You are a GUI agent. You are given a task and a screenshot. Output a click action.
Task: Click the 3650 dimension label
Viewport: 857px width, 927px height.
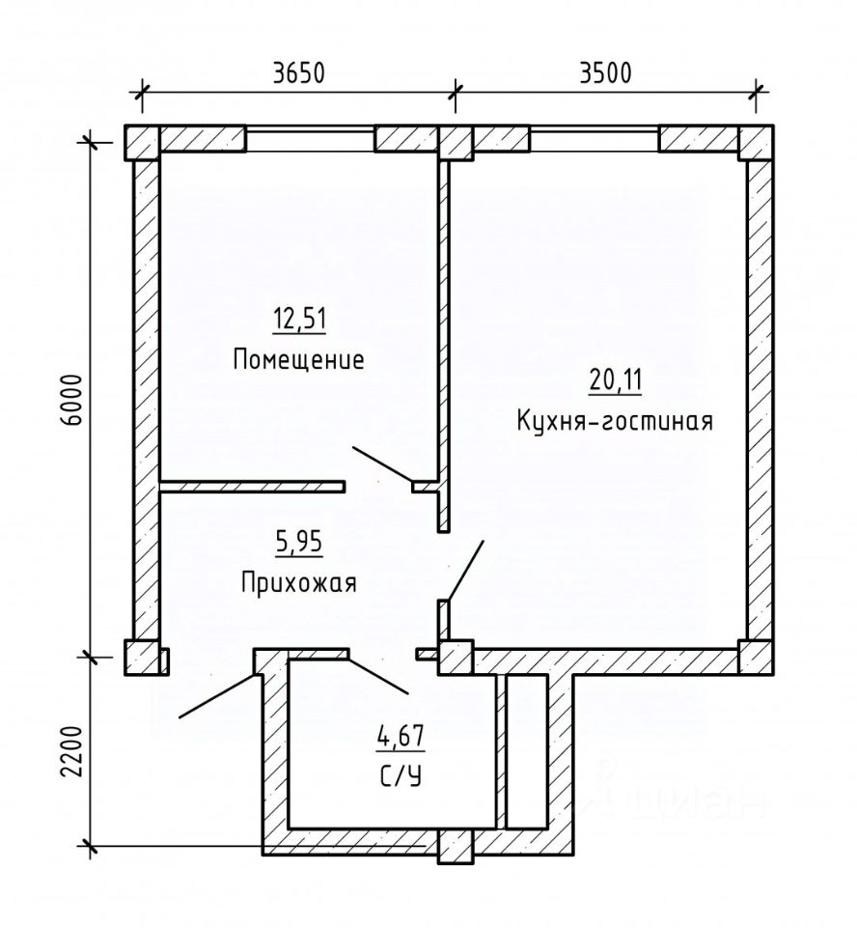click(299, 72)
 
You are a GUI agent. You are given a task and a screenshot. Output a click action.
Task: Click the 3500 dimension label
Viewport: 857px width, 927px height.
click(605, 72)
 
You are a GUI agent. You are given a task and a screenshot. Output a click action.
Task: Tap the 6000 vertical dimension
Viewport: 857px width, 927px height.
click(72, 400)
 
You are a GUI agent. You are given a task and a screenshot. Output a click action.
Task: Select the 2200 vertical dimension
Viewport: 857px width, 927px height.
click(72, 751)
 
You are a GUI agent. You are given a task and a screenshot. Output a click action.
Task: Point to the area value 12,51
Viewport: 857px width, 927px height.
click(299, 320)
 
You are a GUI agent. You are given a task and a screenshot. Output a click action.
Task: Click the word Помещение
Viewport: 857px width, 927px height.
click(298, 359)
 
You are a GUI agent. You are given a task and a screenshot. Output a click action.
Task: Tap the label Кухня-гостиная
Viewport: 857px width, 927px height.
click(615, 422)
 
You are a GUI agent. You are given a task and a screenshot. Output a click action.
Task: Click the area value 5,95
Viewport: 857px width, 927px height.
click(299, 542)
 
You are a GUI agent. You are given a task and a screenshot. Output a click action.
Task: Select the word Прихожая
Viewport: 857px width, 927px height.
click(299, 582)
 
